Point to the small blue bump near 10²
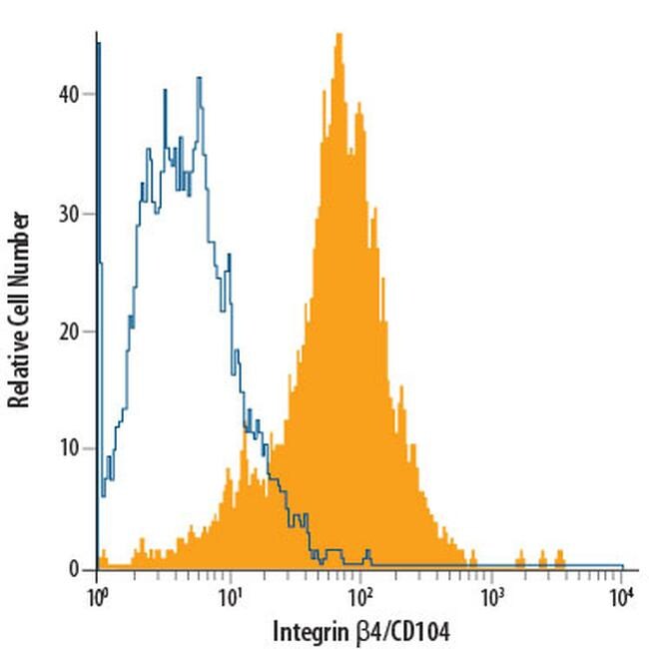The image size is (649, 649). click(367, 551)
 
